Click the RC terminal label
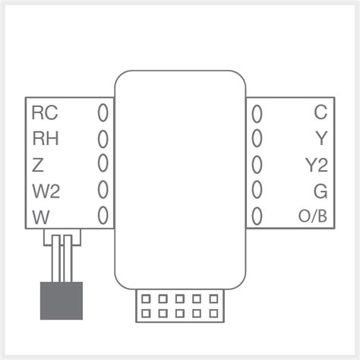(44, 113)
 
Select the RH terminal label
(44, 138)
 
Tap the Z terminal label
(38, 164)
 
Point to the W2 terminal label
(46, 190)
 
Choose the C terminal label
(321, 113)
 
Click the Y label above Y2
(321, 138)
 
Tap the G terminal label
(321, 190)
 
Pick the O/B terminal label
(313, 216)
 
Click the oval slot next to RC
(103, 114)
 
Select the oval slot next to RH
(103, 139)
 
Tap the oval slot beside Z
(103, 164)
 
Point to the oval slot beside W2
(103, 189)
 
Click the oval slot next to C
(257, 114)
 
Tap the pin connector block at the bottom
(179, 305)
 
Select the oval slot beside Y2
(257, 164)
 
